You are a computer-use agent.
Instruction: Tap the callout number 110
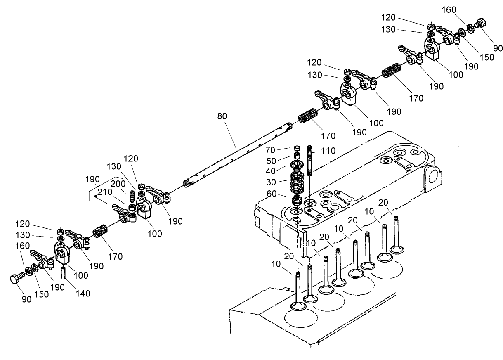point(328,151)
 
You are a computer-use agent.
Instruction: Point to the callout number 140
point(83,294)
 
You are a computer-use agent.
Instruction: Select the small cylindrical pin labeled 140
point(64,273)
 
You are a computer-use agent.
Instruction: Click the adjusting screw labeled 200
point(132,195)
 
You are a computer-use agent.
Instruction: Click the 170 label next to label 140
point(116,256)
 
